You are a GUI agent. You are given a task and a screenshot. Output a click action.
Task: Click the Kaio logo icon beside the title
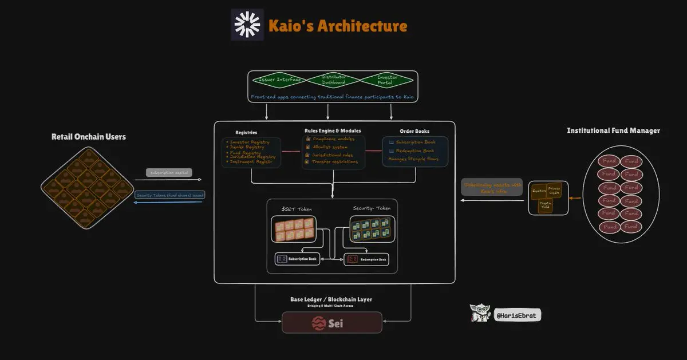[x=248, y=25]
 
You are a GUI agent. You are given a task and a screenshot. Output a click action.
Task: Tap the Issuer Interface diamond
[x=281, y=80]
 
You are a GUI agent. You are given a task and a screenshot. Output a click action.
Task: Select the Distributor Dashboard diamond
[x=334, y=80]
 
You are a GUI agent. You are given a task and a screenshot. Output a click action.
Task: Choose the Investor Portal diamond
[x=387, y=80]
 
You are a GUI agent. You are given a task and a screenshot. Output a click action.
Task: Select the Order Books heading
[x=414, y=132]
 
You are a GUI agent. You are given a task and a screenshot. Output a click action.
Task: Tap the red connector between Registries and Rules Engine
[x=292, y=152]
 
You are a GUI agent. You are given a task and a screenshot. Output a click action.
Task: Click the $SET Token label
[x=297, y=208]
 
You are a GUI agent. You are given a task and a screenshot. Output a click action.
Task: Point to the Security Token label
[x=372, y=208]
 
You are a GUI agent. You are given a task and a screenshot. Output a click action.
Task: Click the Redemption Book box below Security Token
[x=366, y=259]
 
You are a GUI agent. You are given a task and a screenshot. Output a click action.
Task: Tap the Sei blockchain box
[x=332, y=323]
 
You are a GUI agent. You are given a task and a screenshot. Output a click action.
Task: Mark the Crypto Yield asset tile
[x=546, y=204]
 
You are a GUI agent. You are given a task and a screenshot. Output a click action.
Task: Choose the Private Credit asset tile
[x=555, y=189]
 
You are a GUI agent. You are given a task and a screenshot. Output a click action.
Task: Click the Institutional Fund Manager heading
[x=613, y=130]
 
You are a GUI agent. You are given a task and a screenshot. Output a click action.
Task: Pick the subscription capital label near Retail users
[x=168, y=172]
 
